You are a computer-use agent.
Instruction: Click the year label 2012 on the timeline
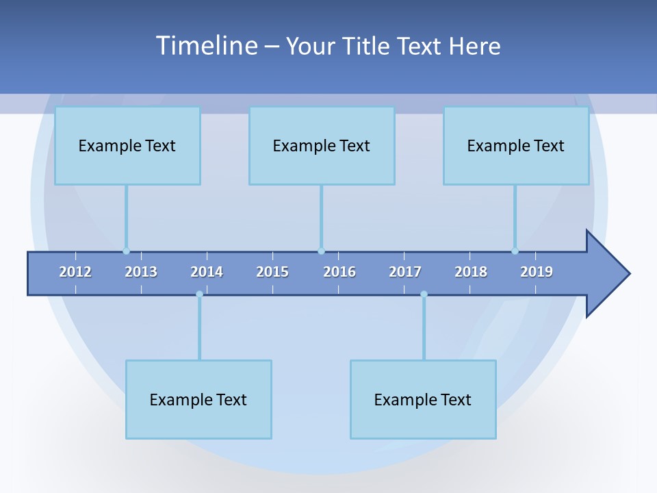pos(75,272)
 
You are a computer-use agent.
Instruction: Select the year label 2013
pos(141,272)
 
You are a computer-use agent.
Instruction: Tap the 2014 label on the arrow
pos(207,272)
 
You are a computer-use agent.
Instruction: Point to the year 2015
pos(272,272)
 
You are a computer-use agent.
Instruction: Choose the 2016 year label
pos(339,272)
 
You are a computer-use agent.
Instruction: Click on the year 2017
pos(405,272)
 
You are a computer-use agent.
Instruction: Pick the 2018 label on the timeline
pos(471,272)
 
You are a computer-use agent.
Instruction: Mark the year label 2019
pos(537,272)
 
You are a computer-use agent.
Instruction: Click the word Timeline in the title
pos(206,46)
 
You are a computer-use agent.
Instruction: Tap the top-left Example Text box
pos(127,145)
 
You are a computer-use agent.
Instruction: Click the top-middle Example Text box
pos(322,145)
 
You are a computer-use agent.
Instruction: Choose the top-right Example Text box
pos(516,145)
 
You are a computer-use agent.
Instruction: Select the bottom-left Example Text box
pos(198,399)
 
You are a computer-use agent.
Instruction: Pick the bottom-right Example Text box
pos(423,399)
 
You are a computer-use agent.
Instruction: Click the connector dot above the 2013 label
pos(126,251)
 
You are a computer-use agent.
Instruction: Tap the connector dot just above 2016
pos(321,251)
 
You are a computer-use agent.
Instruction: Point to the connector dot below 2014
pos(199,294)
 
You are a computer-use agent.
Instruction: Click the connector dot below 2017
pos(424,294)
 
